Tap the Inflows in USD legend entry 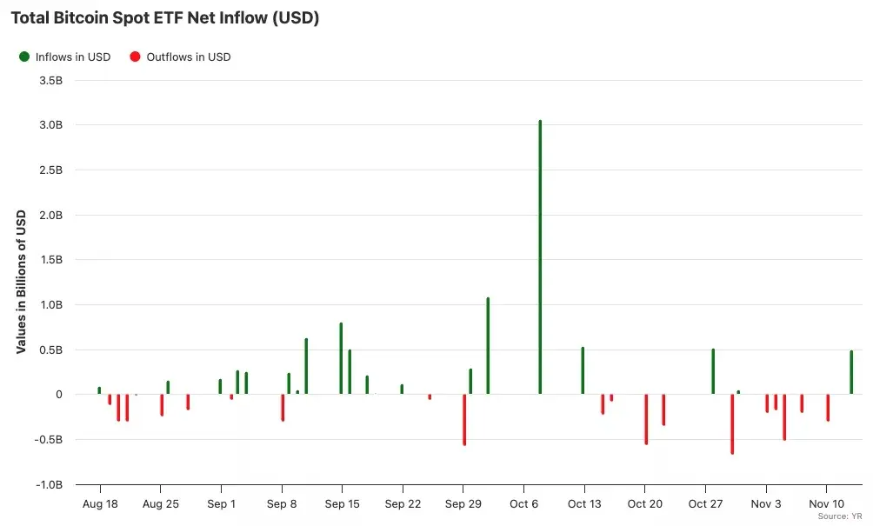(x=65, y=57)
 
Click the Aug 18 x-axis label (x=100, y=504)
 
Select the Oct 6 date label (x=523, y=504)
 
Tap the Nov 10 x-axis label (x=826, y=504)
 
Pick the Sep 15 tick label (x=342, y=504)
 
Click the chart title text (x=165, y=17)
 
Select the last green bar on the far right (x=851, y=372)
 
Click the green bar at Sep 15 (x=341, y=358)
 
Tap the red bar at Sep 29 (x=464, y=419)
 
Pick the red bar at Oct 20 (x=646, y=419)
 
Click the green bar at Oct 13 (x=583, y=370)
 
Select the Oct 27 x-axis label (x=705, y=504)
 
